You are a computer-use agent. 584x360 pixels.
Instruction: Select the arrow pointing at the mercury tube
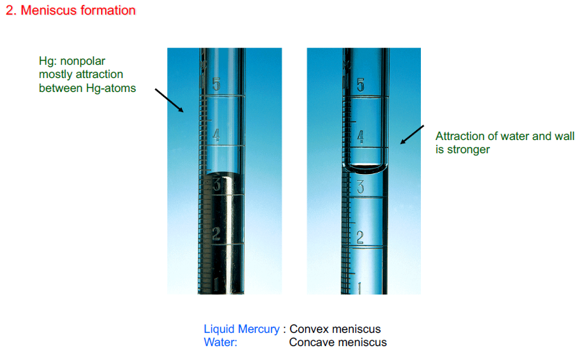coord(169,100)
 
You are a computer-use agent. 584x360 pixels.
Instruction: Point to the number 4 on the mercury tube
coord(216,135)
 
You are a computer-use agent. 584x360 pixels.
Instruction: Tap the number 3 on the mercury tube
coord(217,185)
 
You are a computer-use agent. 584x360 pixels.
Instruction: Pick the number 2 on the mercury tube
coord(216,234)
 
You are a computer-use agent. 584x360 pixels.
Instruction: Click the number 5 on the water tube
coord(360,86)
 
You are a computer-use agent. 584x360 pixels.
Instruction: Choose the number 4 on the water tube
coord(360,136)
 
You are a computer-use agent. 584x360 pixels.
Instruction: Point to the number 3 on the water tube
coord(360,186)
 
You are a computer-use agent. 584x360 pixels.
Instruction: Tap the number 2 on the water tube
coord(360,237)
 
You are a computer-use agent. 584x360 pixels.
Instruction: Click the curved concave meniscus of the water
coord(367,168)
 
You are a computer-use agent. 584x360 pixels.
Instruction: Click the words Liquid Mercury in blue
coord(241,329)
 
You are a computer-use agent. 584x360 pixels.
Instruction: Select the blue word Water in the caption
coord(220,342)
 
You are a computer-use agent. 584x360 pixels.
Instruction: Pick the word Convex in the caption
coord(307,329)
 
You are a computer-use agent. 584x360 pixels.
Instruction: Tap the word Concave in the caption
coord(310,342)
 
